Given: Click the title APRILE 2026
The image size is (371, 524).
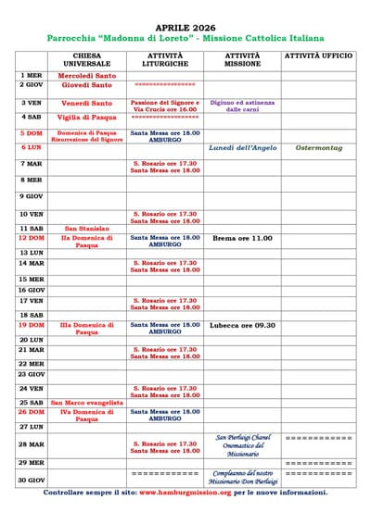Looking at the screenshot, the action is tap(185, 29).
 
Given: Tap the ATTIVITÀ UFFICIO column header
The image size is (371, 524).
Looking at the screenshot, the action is tap(318, 56).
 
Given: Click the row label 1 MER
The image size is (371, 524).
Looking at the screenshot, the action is tap(31, 75).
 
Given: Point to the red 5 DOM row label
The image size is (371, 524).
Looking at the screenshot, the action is tap(31, 133).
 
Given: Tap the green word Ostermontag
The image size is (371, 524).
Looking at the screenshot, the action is tap(318, 147).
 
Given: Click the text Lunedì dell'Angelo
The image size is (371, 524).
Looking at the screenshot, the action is tap(243, 147).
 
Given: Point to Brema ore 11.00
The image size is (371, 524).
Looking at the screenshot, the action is tap(243, 238).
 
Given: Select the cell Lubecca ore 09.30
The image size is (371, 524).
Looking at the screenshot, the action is tap(243, 325).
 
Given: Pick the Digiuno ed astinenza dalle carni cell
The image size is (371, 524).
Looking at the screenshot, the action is tap(243, 106).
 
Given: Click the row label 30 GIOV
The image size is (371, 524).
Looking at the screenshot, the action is tap(31, 480).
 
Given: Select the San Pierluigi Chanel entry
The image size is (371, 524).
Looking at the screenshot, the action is tap(243, 437).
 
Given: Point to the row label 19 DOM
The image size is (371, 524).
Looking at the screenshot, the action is tap(31, 325).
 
